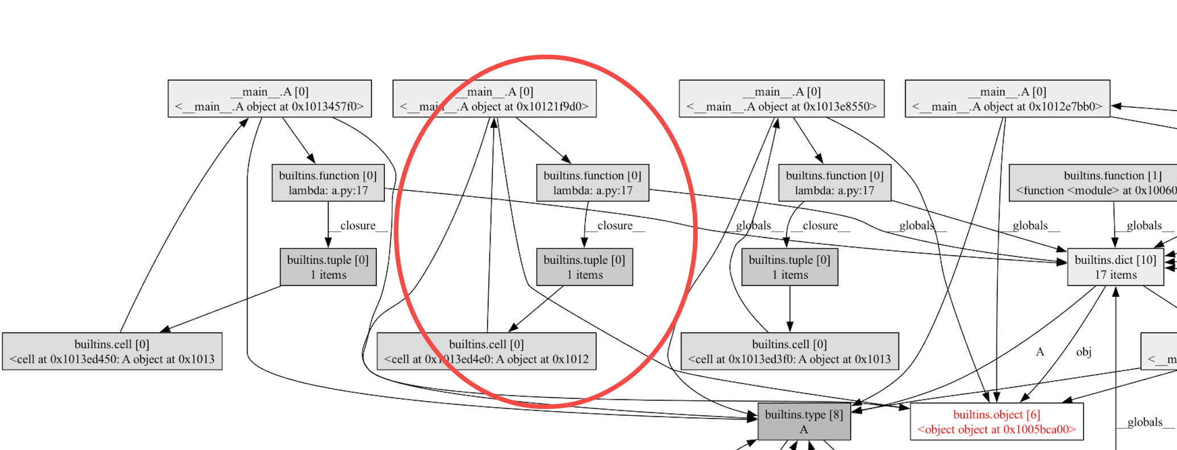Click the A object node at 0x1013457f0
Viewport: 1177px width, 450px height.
[x=269, y=99]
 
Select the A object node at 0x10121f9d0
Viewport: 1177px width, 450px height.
[x=494, y=99]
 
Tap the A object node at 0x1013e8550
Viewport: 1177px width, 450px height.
[x=781, y=99]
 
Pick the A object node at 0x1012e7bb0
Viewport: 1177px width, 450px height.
[x=1007, y=99]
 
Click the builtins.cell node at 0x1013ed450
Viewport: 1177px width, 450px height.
[x=112, y=351]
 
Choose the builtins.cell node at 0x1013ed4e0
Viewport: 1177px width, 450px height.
[x=486, y=351]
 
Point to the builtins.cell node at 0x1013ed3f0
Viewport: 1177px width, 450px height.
[x=789, y=351]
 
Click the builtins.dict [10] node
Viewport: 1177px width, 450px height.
[x=1115, y=267]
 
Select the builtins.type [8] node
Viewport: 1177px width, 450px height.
[x=804, y=422]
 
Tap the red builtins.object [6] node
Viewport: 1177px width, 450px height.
[x=997, y=422]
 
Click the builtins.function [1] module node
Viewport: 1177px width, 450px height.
[x=1093, y=183]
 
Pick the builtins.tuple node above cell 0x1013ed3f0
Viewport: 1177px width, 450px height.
[x=789, y=267]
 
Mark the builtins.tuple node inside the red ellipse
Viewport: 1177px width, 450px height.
[x=584, y=267]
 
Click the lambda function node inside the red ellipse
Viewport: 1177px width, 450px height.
[x=592, y=183]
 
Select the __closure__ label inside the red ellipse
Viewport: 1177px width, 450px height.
[x=615, y=226]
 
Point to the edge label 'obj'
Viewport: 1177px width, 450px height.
[x=1084, y=351]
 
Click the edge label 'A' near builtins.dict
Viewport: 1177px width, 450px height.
[x=1040, y=351]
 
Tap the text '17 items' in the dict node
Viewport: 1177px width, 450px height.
[x=1116, y=275]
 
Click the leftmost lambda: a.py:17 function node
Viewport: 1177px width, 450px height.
[x=328, y=183]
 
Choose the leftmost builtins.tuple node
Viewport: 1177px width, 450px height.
[x=328, y=267]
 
